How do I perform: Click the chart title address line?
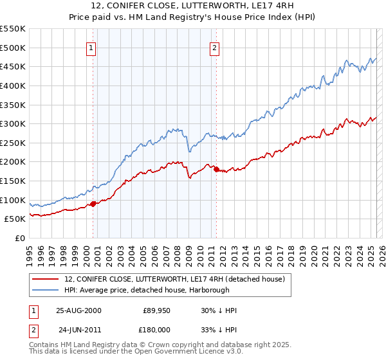point(192,6)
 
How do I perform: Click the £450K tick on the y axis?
point(13,66)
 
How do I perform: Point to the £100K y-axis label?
point(13,200)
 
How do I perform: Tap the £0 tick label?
point(19,238)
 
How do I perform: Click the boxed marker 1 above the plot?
point(91,47)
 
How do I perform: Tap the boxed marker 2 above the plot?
point(214,47)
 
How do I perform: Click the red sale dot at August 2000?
point(93,204)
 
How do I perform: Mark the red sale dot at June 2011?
point(216,170)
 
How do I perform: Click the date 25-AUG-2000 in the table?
point(78,310)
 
